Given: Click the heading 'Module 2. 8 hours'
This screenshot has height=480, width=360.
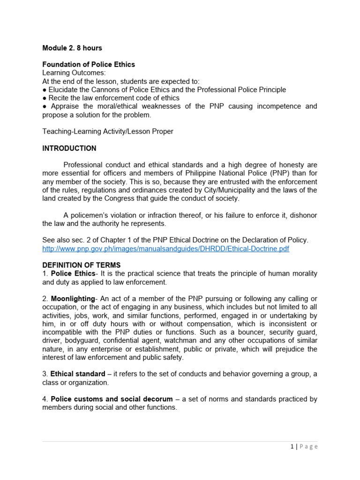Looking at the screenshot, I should pyautogui.click(x=72, y=48).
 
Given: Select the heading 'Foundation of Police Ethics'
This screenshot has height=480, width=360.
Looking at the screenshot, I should pyautogui.click(x=89, y=64).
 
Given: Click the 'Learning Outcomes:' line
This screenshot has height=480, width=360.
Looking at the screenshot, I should pyautogui.click(x=74, y=73).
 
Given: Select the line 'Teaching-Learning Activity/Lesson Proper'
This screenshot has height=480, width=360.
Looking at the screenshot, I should pyautogui.click(x=107, y=131).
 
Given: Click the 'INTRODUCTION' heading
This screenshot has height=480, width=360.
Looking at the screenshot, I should pyautogui.click(x=69, y=148).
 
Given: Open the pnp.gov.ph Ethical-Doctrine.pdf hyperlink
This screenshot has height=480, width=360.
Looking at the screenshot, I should pyautogui.click(x=165, y=248).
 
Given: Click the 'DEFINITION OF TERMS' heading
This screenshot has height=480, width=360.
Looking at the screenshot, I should pyautogui.click(x=81, y=265).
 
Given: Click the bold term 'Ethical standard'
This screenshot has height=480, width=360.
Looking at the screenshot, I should pyautogui.click(x=78, y=374).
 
